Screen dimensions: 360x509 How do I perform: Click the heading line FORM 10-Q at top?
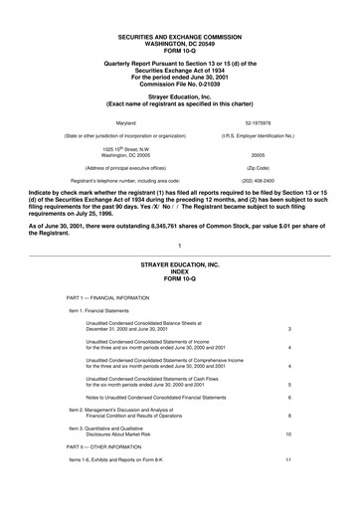click(180, 25)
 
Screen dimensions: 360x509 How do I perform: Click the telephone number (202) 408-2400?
click(261, 180)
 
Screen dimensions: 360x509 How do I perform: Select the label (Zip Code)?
click(260, 168)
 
